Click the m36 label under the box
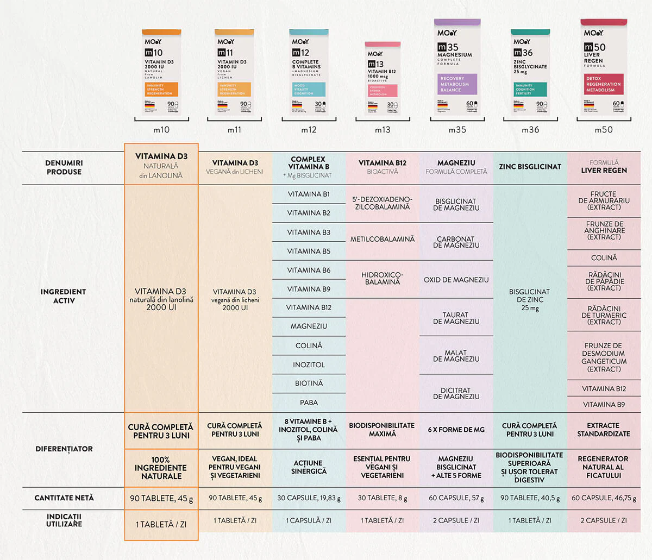[530, 130]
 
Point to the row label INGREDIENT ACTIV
[63, 296]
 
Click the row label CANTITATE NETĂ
[64, 498]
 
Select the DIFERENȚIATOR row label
[64, 449]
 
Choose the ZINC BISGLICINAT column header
[530, 167]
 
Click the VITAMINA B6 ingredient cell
[309, 270]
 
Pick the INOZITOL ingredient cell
[309, 364]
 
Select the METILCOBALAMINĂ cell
[383, 239]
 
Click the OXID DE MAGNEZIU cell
[456, 280]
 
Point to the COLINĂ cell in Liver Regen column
[604, 258]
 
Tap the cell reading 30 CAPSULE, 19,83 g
[309, 498]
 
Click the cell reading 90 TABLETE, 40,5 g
[530, 498]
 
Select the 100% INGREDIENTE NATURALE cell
[161, 468]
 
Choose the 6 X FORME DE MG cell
[456, 430]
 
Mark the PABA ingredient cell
[309, 402]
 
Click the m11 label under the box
[235, 130]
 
